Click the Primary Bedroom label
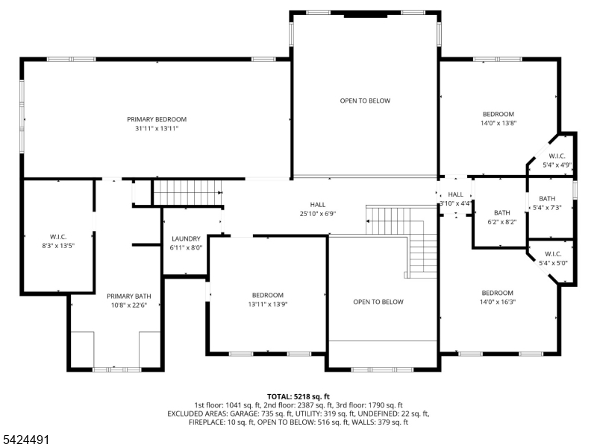click(157, 119)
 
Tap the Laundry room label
click(186, 238)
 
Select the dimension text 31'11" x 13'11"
click(157, 128)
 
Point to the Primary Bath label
click(128, 296)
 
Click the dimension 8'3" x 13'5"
click(58, 246)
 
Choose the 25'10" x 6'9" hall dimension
click(318, 214)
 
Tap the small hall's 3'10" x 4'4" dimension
click(455, 203)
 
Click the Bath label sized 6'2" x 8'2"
click(501, 213)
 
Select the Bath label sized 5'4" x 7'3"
click(547, 198)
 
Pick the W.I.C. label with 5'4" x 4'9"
click(557, 156)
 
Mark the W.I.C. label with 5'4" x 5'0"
click(553, 254)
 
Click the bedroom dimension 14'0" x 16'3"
click(498, 302)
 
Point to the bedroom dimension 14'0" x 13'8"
click(498, 123)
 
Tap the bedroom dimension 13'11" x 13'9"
click(268, 305)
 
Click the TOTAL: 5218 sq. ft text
click(298, 397)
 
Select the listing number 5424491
click(25, 440)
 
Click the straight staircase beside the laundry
click(188, 193)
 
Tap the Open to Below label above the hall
click(365, 101)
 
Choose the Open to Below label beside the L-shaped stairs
click(378, 302)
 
